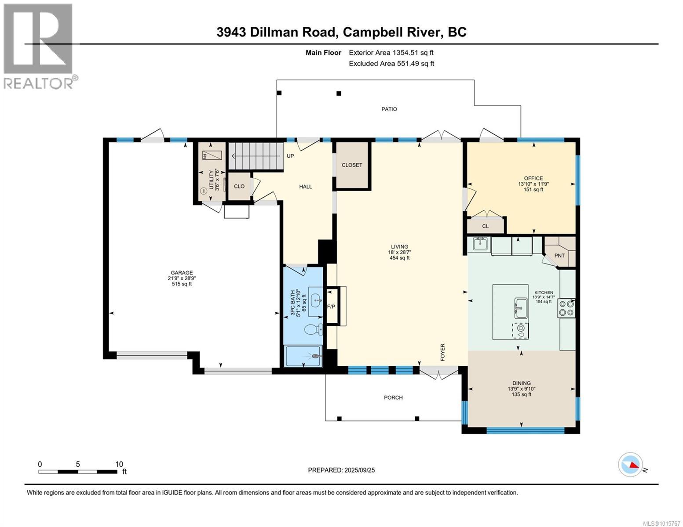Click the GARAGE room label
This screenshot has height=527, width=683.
click(182, 273)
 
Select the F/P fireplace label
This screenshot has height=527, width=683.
click(331, 306)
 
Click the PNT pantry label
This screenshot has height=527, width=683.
click(559, 256)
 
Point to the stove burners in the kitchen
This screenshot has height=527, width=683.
click(566, 308)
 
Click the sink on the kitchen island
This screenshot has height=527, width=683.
click(521, 307)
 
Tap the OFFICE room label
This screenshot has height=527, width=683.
click(533, 178)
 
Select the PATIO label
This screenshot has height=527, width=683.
click(389, 109)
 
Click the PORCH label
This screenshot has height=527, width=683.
click(393, 397)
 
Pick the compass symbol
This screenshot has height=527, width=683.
click(630, 465)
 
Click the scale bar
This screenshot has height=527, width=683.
click(78, 472)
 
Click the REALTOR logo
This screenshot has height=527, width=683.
click(39, 46)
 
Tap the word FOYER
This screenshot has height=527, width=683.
click(443, 352)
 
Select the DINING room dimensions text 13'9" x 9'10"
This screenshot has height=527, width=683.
click(521, 389)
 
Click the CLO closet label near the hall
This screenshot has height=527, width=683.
click(239, 186)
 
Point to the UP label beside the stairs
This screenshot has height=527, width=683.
click(290, 156)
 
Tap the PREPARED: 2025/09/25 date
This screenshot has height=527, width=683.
click(341, 470)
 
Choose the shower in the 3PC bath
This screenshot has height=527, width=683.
click(303, 356)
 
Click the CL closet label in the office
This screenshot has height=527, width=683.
click(485, 226)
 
